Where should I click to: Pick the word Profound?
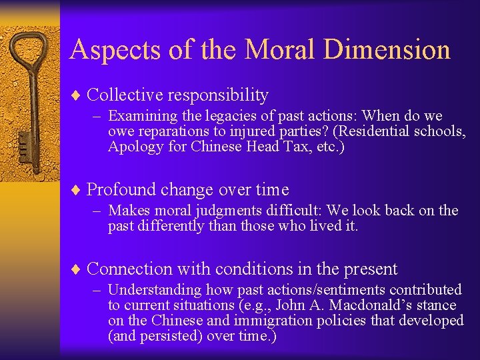(x=121, y=189)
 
